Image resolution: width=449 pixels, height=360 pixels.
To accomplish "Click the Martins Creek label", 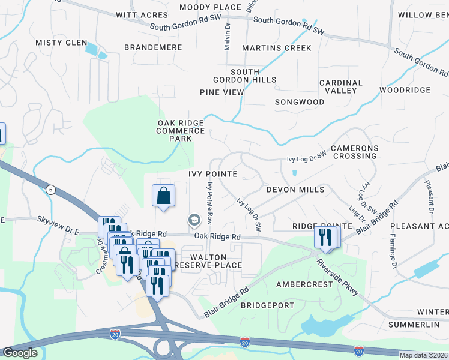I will (276, 47).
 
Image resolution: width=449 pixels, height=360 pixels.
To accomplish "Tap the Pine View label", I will (221, 92).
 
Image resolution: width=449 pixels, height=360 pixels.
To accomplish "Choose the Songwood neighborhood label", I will (300, 102).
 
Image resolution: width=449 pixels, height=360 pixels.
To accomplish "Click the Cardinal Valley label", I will (341, 86).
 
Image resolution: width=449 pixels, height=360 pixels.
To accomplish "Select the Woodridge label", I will (405, 90).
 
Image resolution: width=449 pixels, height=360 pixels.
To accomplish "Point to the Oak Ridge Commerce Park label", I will (181, 130).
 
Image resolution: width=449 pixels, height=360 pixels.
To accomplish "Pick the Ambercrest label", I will (304, 284).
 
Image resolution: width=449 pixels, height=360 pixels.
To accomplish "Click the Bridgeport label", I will (268, 305).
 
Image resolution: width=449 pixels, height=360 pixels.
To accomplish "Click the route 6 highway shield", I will (52, 190).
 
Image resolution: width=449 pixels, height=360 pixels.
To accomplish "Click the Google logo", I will (20, 353).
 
